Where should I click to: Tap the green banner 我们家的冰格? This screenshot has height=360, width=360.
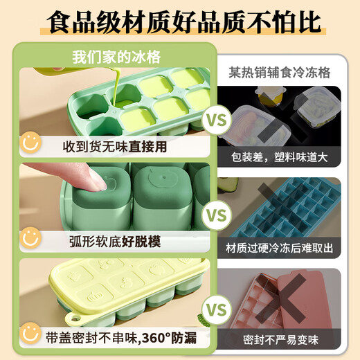click(x=115, y=58)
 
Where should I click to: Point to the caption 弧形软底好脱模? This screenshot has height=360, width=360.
click(x=114, y=241)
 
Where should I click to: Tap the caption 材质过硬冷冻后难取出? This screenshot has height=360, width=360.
click(x=283, y=246)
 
